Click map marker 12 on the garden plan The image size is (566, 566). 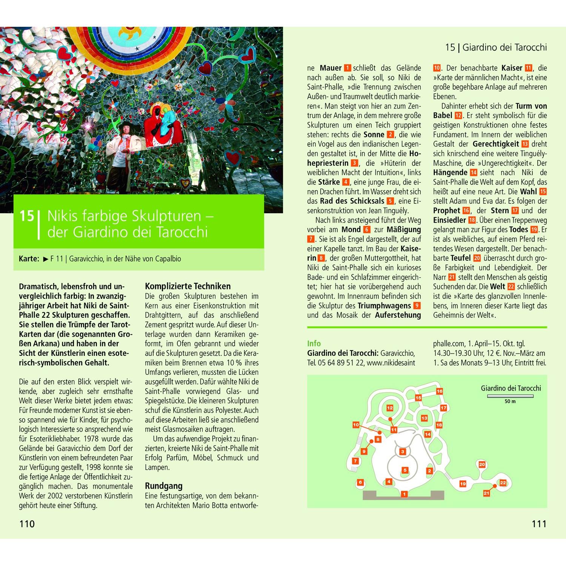(390, 408)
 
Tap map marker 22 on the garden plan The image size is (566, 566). (503, 483)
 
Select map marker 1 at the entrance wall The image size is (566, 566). (404, 494)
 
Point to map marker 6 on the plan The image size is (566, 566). (360, 482)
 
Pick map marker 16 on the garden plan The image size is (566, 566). (439, 391)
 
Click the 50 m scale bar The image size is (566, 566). (510, 396)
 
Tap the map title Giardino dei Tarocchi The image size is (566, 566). (511, 388)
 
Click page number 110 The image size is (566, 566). (27, 524)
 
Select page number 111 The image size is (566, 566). (539, 524)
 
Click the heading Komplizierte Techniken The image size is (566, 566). (188, 286)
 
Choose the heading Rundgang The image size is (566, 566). (163, 486)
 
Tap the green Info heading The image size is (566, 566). (314, 343)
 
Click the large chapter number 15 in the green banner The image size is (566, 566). (27, 216)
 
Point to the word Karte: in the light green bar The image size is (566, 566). (29, 259)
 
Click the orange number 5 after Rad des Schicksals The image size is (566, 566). (390, 201)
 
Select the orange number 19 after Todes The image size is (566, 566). (534, 229)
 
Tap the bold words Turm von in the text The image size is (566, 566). (531, 106)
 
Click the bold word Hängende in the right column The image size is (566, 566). (451, 172)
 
